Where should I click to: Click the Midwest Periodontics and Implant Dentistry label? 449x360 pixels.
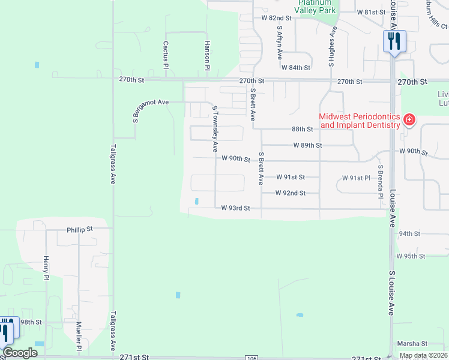tap(359, 121)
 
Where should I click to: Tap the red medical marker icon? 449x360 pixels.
tap(409, 120)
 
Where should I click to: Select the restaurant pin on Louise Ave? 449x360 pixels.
tap(394, 41)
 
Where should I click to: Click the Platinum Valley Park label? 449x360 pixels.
tap(316, 7)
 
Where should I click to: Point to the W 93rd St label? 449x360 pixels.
tap(235, 208)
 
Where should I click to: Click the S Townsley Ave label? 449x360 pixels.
tap(214, 130)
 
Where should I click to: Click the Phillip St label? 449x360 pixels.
tap(80, 229)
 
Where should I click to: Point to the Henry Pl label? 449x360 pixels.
tap(46, 268)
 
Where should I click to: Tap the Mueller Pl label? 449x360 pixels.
tap(79, 336)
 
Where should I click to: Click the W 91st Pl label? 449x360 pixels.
tap(357, 178)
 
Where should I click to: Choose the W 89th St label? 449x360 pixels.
tap(308, 145)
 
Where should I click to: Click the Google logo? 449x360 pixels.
tap(20, 353)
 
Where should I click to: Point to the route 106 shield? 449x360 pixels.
tap(252, 358)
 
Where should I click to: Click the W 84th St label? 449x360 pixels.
tap(295, 68)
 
